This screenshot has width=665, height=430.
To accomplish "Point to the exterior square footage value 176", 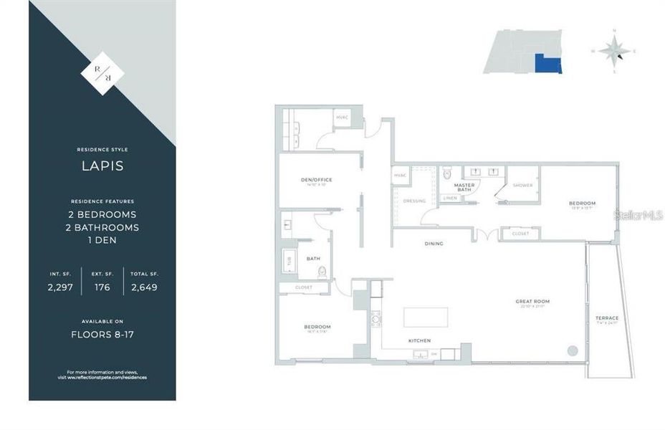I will point(102,287).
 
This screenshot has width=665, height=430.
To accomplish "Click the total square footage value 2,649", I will point(144,287).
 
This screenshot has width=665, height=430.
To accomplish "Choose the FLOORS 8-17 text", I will point(102,334).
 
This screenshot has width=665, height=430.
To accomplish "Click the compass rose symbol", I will point(614,50).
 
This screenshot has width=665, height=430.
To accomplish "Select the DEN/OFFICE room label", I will point(316,179).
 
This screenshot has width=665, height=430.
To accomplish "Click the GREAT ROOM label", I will point(532,301).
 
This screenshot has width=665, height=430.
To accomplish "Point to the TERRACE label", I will point(606,317).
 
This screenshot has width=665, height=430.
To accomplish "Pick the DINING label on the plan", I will point(434,244).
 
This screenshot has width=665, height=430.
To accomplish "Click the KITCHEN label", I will point(418,340).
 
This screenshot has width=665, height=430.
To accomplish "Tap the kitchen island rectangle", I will point(426,317).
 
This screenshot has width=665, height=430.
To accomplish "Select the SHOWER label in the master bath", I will point(522,186).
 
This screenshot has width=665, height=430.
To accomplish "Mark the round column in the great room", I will point(572,350).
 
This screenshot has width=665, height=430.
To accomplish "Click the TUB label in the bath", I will point(290,262).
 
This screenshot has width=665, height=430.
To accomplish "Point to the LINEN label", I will point(450,198).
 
